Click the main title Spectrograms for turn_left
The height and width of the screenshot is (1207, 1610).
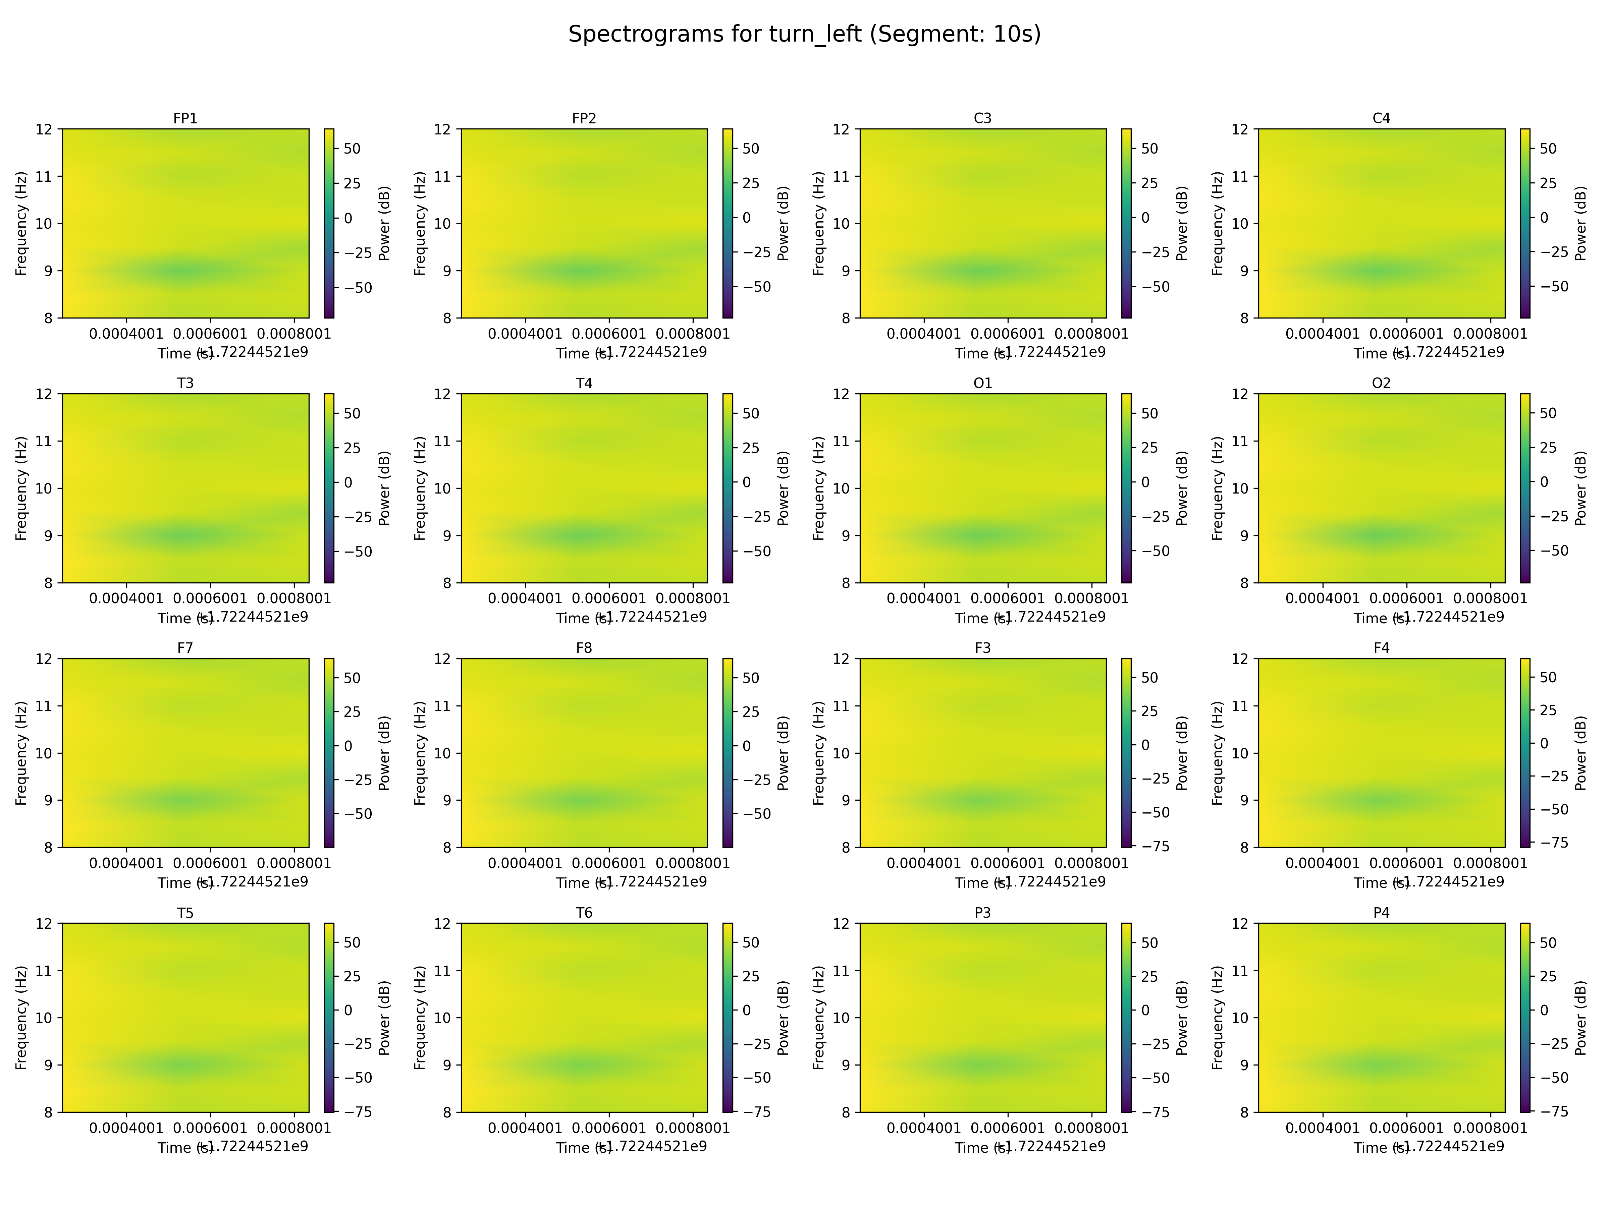tap(804, 34)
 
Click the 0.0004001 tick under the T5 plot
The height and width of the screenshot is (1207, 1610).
tap(127, 1128)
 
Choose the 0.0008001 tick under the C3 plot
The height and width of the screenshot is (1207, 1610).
tap(1091, 333)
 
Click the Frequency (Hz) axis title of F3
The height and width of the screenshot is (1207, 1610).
tap(819, 753)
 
